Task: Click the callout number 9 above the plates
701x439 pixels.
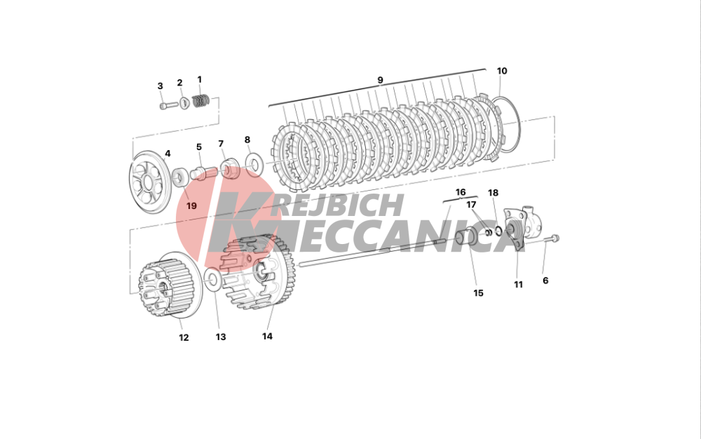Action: point(380,80)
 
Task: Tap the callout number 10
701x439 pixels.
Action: point(502,71)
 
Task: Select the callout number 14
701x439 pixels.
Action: point(267,336)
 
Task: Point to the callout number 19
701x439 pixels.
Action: point(191,205)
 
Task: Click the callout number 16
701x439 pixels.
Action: point(461,192)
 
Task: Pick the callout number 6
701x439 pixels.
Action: point(545,281)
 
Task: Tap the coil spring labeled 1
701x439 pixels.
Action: point(201,101)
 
